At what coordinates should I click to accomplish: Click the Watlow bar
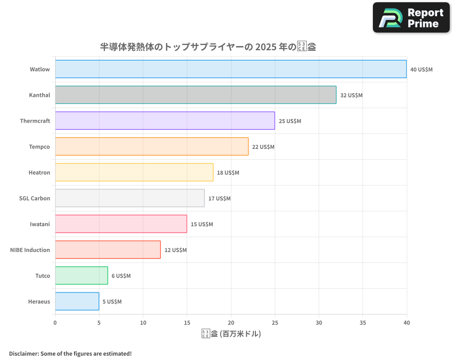[x=231, y=69]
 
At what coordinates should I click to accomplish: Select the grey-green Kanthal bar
[x=195, y=95]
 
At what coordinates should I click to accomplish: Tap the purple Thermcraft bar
[x=165, y=121]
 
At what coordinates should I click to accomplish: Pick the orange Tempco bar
[x=151, y=147]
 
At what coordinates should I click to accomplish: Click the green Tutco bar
[x=81, y=276]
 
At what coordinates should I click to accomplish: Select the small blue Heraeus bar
[x=77, y=301]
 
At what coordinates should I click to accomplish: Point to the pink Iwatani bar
[x=121, y=224]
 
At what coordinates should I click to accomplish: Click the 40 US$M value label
[x=421, y=70]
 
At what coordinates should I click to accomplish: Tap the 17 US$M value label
[x=219, y=199]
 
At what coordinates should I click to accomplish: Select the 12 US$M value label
[x=175, y=250]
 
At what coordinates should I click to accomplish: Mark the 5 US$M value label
[x=112, y=302]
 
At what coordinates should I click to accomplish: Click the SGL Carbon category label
[x=35, y=199]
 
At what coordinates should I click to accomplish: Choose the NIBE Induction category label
[x=30, y=250]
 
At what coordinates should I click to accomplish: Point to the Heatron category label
[x=39, y=173]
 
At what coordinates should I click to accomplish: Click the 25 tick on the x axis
[x=275, y=323]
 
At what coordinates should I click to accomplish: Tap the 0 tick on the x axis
[x=55, y=323]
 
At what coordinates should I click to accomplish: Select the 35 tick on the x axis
[x=363, y=323]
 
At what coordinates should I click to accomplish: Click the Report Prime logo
[x=411, y=18]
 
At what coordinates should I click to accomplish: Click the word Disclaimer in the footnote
[x=23, y=353]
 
